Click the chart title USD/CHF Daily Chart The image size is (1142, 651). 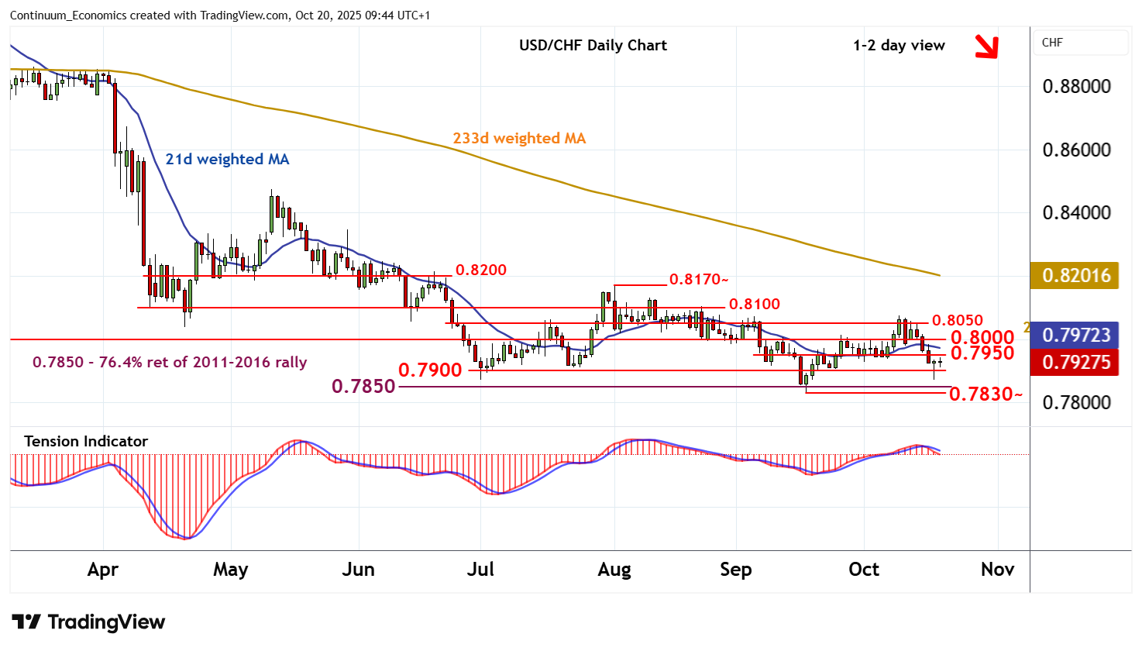pos(593,45)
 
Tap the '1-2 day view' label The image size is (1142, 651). pos(899,45)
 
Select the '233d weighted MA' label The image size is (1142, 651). pos(519,139)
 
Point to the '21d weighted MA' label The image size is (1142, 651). pos(227,160)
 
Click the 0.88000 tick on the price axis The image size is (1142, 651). pos(1076,86)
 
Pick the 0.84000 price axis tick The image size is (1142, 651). pos(1076,212)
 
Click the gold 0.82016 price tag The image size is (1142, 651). pos(1076,275)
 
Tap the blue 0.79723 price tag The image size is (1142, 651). pos(1076,336)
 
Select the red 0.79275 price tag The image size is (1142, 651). pos(1076,362)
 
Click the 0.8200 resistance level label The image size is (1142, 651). pos(480,270)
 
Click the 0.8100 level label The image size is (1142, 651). pos(754,304)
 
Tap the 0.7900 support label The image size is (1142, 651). pos(430,370)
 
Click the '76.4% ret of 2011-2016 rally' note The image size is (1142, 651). pos(170,362)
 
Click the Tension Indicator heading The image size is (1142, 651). pos(86,441)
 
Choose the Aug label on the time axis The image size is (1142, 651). pos(614,570)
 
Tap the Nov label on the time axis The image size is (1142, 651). pos(997,570)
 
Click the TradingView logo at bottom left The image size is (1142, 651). pos(88,622)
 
